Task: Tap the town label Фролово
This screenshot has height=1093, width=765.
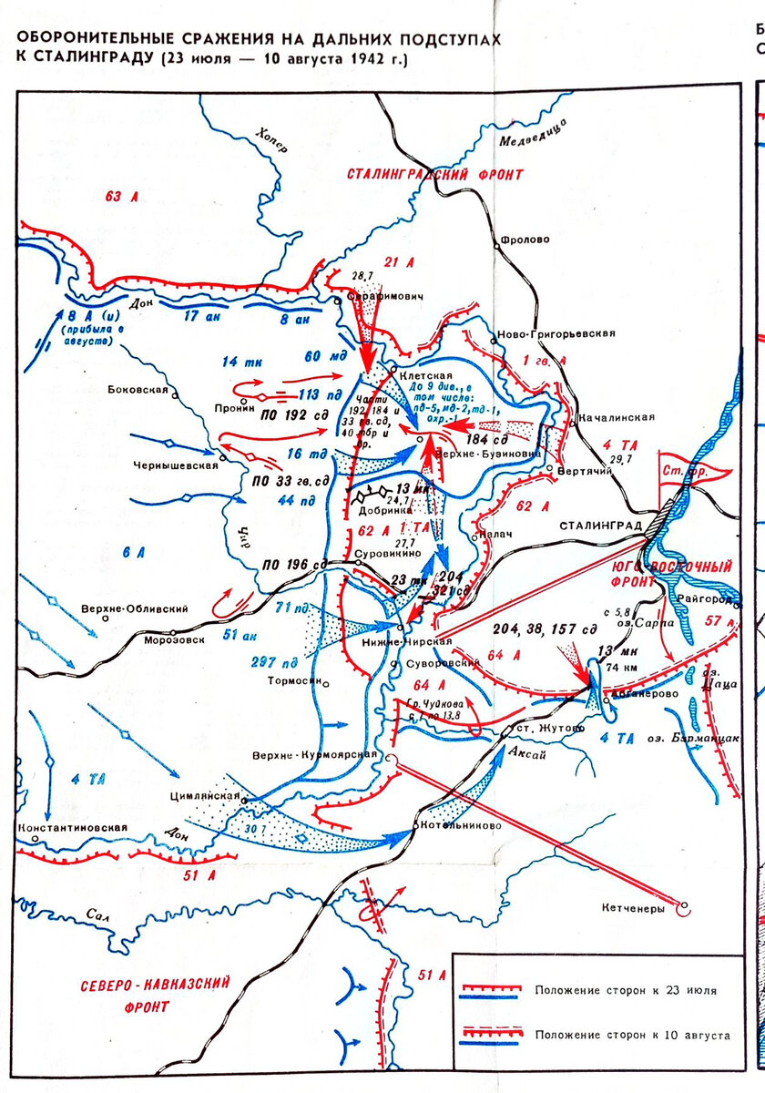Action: (x=525, y=240)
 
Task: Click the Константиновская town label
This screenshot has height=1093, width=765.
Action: (x=70, y=828)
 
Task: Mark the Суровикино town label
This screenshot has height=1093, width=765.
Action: (x=395, y=552)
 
